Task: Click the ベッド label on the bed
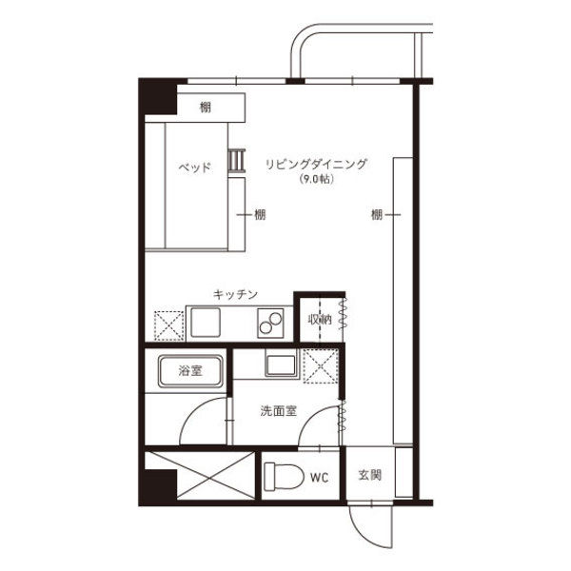(194, 167)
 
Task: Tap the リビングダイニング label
(316, 164)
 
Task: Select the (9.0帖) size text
(316, 179)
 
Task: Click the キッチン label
(235, 294)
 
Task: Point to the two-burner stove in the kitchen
(270, 323)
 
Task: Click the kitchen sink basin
(206, 323)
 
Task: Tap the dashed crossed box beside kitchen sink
(168, 325)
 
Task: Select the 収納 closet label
(320, 320)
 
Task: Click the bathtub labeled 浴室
(190, 371)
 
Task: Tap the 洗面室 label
(279, 411)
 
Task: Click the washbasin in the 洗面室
(281, 364)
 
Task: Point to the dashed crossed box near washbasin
(321, 366)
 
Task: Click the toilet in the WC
(284, 477)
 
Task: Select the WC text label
(320, 478)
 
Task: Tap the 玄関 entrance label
(369, 475)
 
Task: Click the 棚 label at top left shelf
(205, 108)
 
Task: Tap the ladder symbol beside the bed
(237, 160)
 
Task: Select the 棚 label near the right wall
(377, 214)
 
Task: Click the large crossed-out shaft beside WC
(200, 475)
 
